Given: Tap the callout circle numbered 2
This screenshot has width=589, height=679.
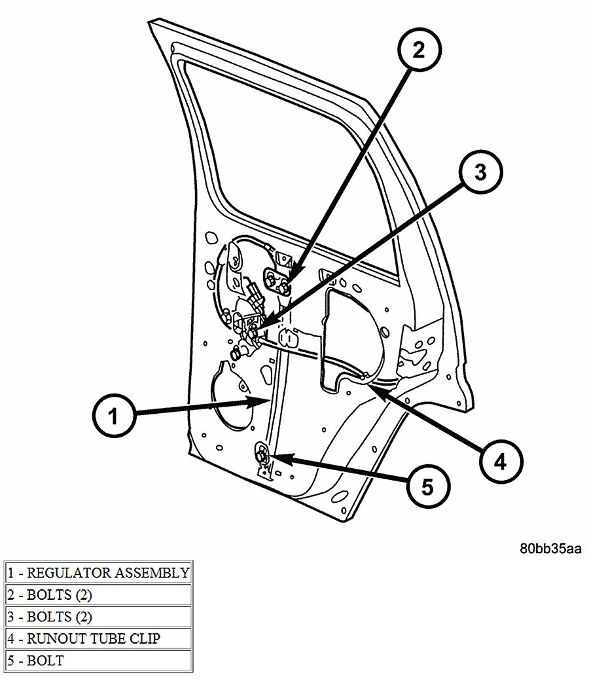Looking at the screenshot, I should coord(418,51).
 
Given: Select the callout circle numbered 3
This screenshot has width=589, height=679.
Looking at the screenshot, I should coord(480,173).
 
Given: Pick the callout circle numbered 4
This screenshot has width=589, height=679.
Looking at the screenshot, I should coord(499,462).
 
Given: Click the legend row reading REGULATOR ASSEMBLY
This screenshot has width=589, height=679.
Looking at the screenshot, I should coord(98,572).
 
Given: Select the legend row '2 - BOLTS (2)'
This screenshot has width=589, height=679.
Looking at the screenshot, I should coord(98,595).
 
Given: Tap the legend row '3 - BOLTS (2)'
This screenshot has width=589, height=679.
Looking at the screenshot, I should coord(98,617).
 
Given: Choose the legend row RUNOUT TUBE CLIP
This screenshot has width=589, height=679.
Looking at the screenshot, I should coord(98,638).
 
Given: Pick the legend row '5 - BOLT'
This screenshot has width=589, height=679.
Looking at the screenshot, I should coord(98,660).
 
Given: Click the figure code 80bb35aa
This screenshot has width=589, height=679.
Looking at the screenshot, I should coord(550,548).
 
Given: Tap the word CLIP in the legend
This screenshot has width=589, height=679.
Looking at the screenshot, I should coord(145,638).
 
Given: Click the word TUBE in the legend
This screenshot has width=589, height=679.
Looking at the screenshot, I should coord(110,638).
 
